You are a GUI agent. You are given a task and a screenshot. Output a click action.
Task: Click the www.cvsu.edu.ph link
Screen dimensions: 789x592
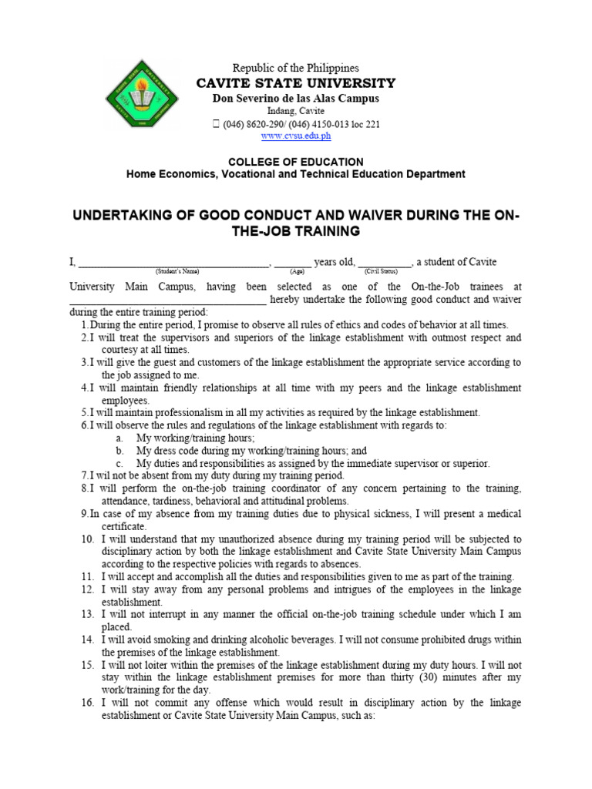[x=295, y=136]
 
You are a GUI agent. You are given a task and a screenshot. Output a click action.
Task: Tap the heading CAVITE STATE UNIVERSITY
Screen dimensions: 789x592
[x=295, y=83]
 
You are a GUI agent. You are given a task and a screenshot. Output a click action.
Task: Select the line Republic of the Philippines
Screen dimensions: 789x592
[x=295, y=69]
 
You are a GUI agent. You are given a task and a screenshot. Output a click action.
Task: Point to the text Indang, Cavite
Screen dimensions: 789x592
[x=295, y=112]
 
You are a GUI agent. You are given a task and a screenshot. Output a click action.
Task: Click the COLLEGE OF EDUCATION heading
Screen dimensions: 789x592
[x=295, y=162]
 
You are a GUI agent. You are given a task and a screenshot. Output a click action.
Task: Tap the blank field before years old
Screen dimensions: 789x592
[x=293, y=264]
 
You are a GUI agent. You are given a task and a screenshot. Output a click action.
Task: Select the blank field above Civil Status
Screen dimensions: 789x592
[x=384, y=264]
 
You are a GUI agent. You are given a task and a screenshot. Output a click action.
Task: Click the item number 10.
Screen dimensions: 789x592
[x=87, y=539]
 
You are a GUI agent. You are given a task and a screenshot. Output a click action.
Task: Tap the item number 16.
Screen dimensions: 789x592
[x=87, y=703]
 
